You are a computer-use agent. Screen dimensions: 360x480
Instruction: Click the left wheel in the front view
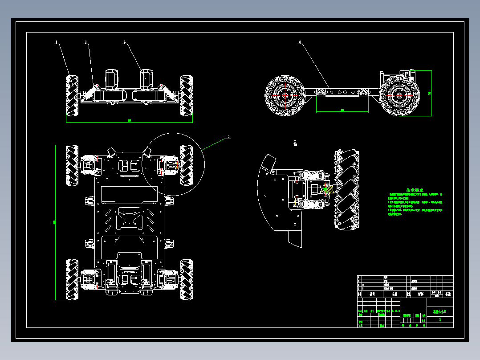point(73,95)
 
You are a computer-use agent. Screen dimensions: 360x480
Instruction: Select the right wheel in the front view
point(186,95)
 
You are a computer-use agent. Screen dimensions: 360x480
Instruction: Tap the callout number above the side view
point(300,42)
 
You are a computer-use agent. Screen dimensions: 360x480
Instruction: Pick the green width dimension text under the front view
point(130,120)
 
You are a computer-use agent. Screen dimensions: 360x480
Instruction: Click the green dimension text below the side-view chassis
point(342,110)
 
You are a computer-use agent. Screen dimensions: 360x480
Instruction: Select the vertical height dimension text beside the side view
point(429,93)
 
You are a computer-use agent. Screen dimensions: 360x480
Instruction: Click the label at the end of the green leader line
point(229,136)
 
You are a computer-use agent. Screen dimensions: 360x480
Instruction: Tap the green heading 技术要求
point(415,189)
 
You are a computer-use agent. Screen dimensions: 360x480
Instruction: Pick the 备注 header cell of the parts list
point(448,294)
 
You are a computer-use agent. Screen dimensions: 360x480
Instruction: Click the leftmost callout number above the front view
point(57,42)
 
